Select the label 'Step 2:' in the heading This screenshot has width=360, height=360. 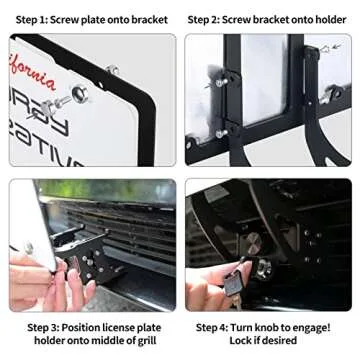(x=210, y=18)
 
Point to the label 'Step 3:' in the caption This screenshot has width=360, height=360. (x=47, y=326)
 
